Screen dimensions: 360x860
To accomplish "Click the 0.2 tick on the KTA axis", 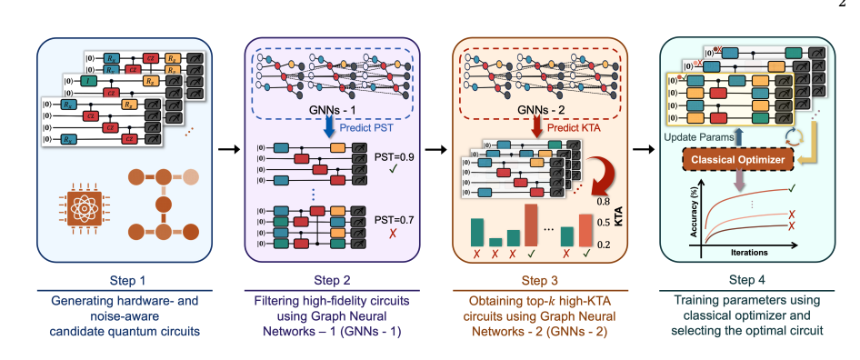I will click(x=603, y=244).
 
